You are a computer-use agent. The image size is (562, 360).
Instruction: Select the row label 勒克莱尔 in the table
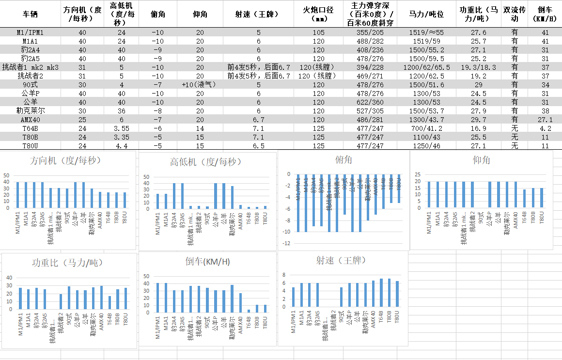click(x=31, y=110)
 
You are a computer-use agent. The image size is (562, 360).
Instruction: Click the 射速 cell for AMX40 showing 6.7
click(x=258, y=119)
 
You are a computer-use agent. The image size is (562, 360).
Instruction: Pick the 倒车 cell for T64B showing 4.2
click(x=546, y=128)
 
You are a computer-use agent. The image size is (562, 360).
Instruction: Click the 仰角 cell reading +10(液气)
click(x=199, y=84)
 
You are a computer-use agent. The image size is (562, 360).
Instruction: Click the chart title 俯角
click(x=343, y=159)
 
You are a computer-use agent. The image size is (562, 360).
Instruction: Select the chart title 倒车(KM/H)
click(x=207, y=262)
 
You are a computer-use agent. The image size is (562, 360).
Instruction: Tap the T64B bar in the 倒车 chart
click(x=249, y=311)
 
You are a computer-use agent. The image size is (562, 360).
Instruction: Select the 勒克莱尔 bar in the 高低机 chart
click(x=232, y=197)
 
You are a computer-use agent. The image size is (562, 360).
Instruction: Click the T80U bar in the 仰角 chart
click(x=542, y=198)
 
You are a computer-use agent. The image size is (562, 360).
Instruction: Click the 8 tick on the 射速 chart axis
click(x=285, y=275)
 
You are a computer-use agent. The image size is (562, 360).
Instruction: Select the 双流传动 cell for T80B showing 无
click(x=515, y=137)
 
